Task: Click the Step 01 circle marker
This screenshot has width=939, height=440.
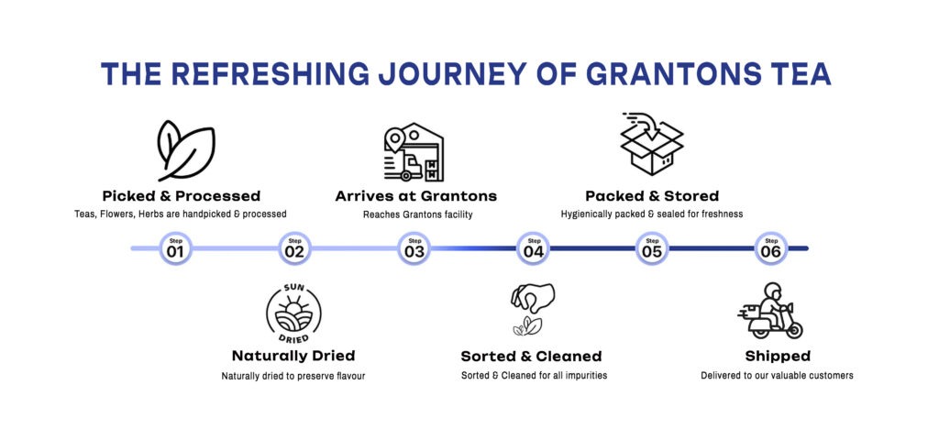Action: pyautogui.click(x=175, y=248)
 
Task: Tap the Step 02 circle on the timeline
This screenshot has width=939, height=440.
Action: pyautogui.click(x=294, y=248)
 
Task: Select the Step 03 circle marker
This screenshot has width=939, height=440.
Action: pyautogui.click(x=414, y=248)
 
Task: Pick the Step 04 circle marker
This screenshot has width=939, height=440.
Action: pyautogui.click(x=533, y=248)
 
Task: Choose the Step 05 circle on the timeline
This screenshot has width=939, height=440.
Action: pyautogui.click(x=652, y=248)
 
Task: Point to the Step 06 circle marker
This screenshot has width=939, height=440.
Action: pyautogui.click(x=771, y=248)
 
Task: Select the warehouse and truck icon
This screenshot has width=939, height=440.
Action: pyautogui.click(x=414, y=152)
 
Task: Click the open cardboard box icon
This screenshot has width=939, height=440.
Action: pyautogui.click(x=652, y=144)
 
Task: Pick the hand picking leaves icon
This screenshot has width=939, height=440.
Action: pyautogui.click(x=533, y=309)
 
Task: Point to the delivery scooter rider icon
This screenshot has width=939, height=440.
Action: pyautogui.click(x=770, y=310)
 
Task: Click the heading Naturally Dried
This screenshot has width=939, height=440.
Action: pyautogui.click(x=293, y=356)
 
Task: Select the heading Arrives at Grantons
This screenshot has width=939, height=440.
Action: pyautogui.click(x=416, y=196)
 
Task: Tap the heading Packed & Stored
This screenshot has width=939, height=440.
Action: pyautogui.click(x=652, y=196)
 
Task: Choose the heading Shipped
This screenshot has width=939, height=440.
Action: pyautogui.click(x=778, y=357)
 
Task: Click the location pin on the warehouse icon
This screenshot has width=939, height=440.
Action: pyautogui.click(x=394, y=141)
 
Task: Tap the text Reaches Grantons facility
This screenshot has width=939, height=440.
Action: pyautogui.click(x=418, y=214)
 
